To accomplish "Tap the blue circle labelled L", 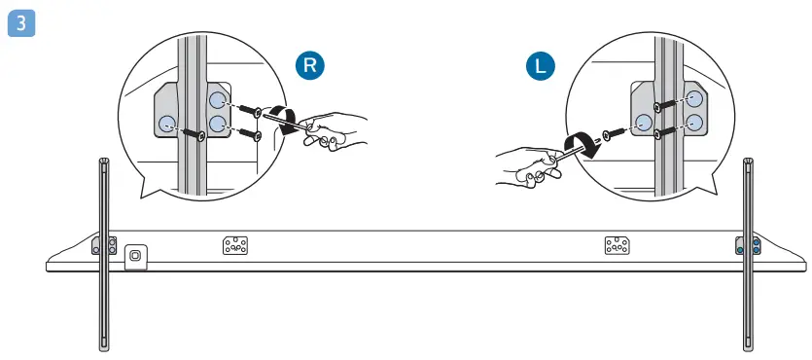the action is (x=540, y=67).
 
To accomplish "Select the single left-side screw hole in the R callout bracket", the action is (x=166, y=123).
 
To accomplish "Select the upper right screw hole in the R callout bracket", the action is (x=217, y=101).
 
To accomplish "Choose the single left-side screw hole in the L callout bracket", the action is (x=643, y=122).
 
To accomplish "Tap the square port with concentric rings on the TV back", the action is (x=135, y=255).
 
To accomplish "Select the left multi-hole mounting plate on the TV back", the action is (x=235, y=245).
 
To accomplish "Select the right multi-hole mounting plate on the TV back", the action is (x=617, y=246).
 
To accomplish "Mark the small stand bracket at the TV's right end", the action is (x=748, y=247).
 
